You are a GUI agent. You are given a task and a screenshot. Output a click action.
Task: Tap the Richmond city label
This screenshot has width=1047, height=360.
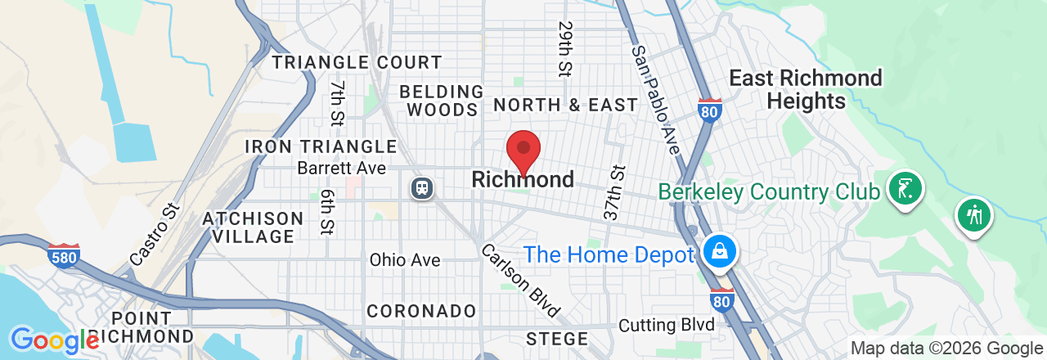[523, 179]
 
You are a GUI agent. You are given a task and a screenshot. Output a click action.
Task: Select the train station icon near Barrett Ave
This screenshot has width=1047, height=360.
[422, 188]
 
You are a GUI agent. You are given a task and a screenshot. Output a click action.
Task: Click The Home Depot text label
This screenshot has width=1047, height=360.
[609, 254]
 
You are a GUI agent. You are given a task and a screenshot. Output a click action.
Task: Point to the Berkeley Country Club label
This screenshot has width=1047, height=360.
[770, 191]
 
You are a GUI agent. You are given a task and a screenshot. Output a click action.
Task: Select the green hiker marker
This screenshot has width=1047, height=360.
[973, 216]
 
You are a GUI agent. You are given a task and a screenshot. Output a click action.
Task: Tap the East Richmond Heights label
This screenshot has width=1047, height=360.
[805, 89]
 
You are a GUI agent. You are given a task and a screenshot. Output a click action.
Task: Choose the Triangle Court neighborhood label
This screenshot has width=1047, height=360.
[357, 62]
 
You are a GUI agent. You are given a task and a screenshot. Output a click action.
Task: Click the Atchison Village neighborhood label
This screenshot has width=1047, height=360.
[253, 227]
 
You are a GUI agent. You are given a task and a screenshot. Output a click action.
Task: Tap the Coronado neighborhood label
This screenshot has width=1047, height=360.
[421, 311]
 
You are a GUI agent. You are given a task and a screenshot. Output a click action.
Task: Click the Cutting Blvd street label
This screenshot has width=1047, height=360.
[667, 325]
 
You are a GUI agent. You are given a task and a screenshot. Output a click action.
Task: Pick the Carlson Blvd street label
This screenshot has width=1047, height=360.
[520, 281]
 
